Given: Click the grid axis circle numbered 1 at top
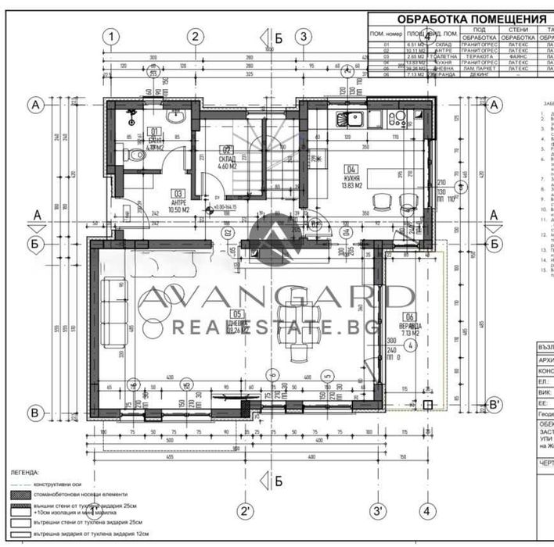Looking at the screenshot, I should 113,36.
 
